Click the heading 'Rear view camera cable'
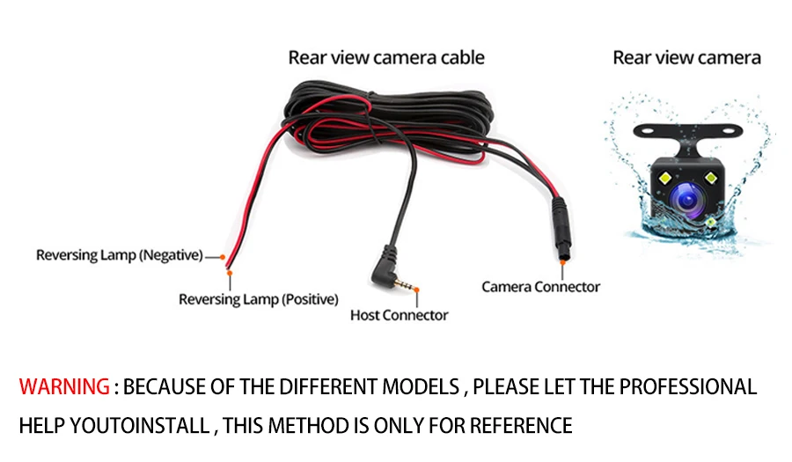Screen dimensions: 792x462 pyautogui.click(x=386, y=58)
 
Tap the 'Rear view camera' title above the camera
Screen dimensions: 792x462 pyautogui.click(x=686, y=58)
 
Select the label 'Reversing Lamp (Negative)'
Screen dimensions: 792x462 pyautogui.click(x=119, y=255)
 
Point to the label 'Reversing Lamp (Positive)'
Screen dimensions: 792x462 pyautogui.click(x=258, y=299)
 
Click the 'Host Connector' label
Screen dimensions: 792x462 pyautogui.click(x=399, y=315)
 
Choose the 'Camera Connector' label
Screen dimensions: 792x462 pyautogui.click(x=540, y=286)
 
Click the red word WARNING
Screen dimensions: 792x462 pyautogui.click(x=64, y=386)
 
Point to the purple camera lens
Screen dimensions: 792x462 pyautogui.click(x=686, y=197)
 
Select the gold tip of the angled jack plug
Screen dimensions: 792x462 pyautogui.click(x=406, y=287)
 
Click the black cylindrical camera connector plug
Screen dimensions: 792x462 pyautogui.click(x=561, y=224)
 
